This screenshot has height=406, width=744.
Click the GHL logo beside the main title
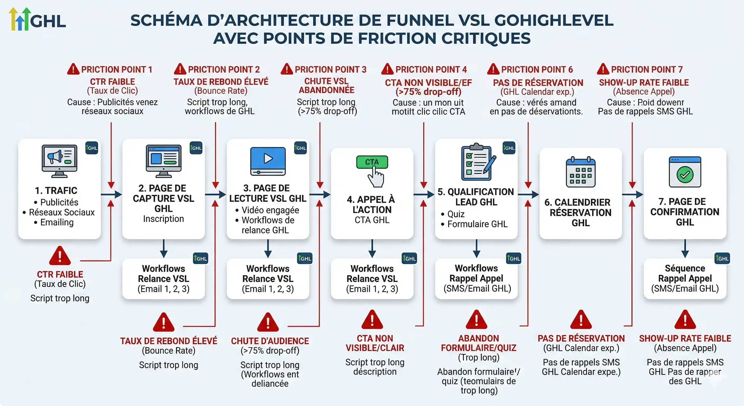tap(37, 20)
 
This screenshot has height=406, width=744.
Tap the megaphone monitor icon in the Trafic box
tap(59, 161)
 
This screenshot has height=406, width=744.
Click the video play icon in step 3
tap(268, 161)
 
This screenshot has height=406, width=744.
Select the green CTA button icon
tap(372, 162)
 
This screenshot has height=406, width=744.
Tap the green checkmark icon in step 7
tap(685, 174)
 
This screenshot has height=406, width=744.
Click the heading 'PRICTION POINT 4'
tap(431, 70)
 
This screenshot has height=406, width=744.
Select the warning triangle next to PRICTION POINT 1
tap(73, 69)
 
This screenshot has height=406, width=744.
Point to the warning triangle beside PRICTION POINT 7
tap(603, 69)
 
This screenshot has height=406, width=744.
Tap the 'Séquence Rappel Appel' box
tap(685, 278)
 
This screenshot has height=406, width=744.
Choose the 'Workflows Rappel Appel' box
tap(477, 278)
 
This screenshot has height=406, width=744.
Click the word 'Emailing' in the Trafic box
tap(57, 222)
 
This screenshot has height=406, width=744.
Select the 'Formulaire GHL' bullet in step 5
tap(477, 224)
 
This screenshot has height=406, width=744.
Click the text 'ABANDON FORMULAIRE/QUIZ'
tap(478, 343)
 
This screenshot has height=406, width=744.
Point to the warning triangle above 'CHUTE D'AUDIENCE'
tap(268, 322)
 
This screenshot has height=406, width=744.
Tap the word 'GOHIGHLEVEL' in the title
tap(554, 21)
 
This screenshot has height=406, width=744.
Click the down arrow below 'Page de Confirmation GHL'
tap(685, 249)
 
